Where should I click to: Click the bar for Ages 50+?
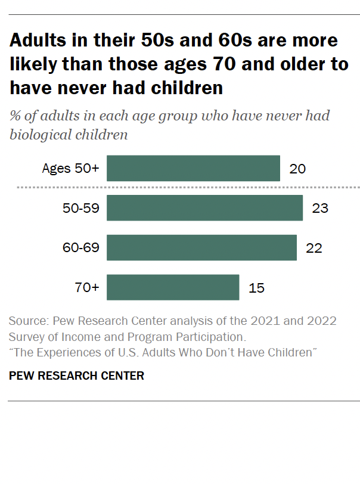pyautogui.click(x=193, y=168)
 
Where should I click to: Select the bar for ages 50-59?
pyautogui.click(x=204, y=208)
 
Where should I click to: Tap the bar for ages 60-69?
pyautogui.click(x=201, y=247)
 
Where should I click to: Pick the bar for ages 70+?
pyautogui.click(x=173, y=287)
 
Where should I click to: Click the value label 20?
pyautogui.click(x=297, y=169)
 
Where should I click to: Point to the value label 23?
pyautogui.click(x=320, y=209)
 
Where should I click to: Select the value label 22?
pyautogui.click(x=314, y=248)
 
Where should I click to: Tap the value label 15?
pyautogui.click(x=256, y=288)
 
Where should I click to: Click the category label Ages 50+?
pyautogui.click(x=70, y=168)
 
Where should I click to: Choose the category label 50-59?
pyautogui.click(x=80, y=208)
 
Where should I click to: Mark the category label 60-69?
pyautogui.click(x=80, y=247)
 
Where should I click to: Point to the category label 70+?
pyautogui.click(x=87, y=287)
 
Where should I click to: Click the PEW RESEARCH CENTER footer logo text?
pyautogui.click(x=76, y=376)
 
